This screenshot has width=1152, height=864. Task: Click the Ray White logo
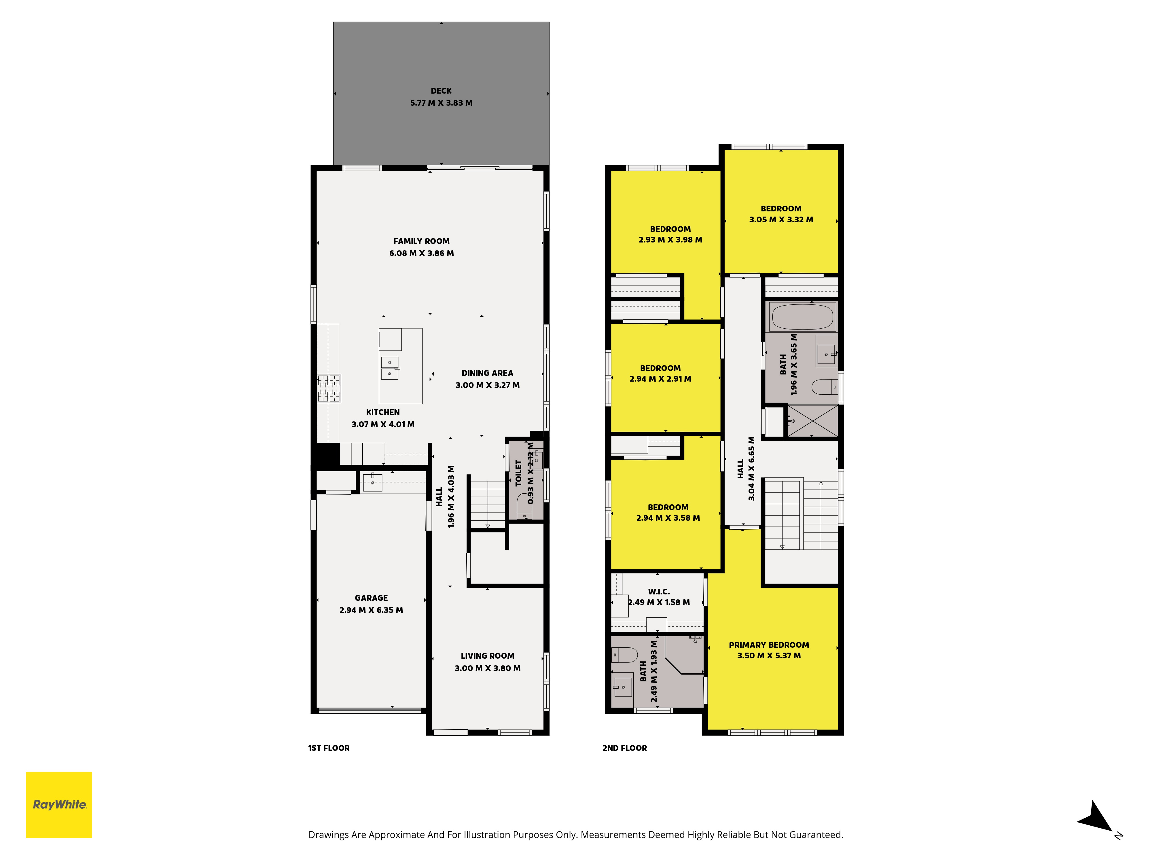click(x=59, y=805)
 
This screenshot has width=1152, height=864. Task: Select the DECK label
click(x=441, y=91)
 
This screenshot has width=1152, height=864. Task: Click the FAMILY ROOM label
click(x=421, y=241)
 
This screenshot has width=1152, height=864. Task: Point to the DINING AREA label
click(x=488, y=373)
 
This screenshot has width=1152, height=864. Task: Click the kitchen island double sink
click(x=390, y=368)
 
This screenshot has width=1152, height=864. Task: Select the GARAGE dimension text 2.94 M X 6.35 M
click(x=371, y=610)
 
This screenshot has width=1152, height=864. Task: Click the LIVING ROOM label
click(x=488, y=656)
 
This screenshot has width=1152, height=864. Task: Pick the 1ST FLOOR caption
click(x=329, y=748)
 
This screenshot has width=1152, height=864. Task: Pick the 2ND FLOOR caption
click(x=624, y=748)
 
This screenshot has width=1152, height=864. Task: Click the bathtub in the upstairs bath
click(x=803, y=317)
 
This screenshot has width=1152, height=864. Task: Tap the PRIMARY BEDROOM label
click(x=769, y=645)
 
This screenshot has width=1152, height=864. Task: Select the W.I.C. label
click(x=659, y=592)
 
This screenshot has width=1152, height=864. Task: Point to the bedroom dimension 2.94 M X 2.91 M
click(x=660, y=379)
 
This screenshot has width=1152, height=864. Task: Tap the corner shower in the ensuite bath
click(x=683, y=655)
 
